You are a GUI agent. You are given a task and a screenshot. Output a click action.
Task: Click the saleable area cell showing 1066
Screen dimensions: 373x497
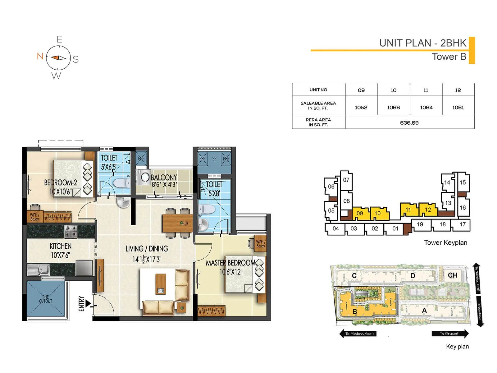[393, 107]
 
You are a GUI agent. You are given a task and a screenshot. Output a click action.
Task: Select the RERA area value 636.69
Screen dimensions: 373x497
[409, 123]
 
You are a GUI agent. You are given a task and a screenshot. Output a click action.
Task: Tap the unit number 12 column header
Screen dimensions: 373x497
[458, 90]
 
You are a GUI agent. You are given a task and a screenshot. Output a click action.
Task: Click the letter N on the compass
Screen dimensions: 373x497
[40, 56]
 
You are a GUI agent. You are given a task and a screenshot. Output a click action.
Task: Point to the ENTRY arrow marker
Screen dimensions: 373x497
[89, 303]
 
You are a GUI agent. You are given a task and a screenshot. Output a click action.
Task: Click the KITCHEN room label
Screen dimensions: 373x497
[61, 246]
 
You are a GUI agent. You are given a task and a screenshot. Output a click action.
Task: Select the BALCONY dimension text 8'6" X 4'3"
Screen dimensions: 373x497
[164, 184]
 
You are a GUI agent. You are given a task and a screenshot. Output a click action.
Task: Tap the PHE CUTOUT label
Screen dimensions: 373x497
[46, 299]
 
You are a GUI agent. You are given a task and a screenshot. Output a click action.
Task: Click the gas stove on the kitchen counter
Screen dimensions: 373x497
[71, 231]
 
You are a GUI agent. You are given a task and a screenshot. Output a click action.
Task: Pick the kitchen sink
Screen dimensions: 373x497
[38, 269]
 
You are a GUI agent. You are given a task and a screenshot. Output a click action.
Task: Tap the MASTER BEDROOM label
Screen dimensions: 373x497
[230, 263]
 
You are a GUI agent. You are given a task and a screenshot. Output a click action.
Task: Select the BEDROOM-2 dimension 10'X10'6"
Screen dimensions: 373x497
[61, 191]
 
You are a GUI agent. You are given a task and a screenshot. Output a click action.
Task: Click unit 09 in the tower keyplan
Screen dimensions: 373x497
[360, 213]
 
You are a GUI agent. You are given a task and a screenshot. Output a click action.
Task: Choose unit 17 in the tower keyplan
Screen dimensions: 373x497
[462, 224]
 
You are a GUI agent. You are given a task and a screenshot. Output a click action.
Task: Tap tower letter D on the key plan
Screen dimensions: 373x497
[413, 276]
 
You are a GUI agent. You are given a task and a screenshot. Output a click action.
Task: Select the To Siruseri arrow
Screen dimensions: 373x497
[449, 334]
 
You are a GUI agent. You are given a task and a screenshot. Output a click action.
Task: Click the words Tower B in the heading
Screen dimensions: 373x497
[449, 57]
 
